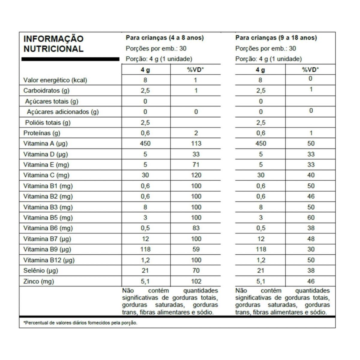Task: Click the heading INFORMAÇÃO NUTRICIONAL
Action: (53, 44)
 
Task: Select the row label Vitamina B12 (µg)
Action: (49, 260)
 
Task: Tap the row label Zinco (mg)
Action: (39, 281)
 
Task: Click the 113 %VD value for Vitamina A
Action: (196, 143)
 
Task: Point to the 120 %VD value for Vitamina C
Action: (196, 175)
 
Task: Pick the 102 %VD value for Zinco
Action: (196, 281)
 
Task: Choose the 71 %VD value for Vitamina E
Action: (196, 165)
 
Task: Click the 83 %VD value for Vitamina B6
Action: (196, 228)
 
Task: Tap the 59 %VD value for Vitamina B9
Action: (196, 249)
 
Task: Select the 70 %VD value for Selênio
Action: (196, 271)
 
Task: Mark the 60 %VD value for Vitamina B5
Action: (311, 217)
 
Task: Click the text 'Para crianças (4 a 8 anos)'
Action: (165, 38)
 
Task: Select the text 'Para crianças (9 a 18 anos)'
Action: (276, 38)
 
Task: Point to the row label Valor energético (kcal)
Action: (55, 80)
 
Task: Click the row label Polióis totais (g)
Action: (48, 122)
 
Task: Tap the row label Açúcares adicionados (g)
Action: (63, 112)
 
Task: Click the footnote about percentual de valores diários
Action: (80, 323)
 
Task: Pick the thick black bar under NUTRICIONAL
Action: (70, 59)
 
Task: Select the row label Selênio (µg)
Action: (41, 271)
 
